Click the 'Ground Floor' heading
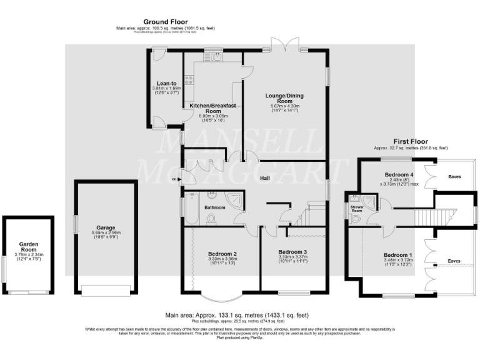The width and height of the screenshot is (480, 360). (x=165, y=22)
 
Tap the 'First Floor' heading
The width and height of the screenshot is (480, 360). (x=410, y=141)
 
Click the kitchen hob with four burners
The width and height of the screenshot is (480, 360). (x=189, y=80)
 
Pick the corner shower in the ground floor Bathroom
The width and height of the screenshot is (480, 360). (x=236, y=199)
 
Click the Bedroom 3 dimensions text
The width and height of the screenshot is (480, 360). (x=292, y=259)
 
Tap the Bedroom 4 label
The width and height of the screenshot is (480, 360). (x=399, y=174)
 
